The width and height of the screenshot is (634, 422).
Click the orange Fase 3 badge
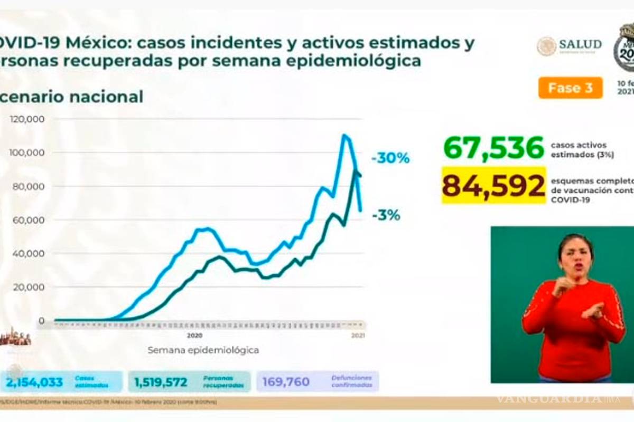click(x=571, y=88)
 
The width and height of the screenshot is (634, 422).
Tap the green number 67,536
click(x=493, y=148)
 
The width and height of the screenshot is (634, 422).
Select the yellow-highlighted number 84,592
click(x=493, y=186)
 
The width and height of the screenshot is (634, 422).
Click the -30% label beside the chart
click(x=390, y=158)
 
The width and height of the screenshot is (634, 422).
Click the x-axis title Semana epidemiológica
click(x=203, y=350)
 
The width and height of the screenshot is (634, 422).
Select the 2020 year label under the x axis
click(x=194, y=335)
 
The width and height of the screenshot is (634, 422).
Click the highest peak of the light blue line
click(x=344, y=136)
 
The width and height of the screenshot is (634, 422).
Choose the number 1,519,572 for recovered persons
click(x=161, y=381)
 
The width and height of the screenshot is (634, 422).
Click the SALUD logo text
click(x=580, y=44)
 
